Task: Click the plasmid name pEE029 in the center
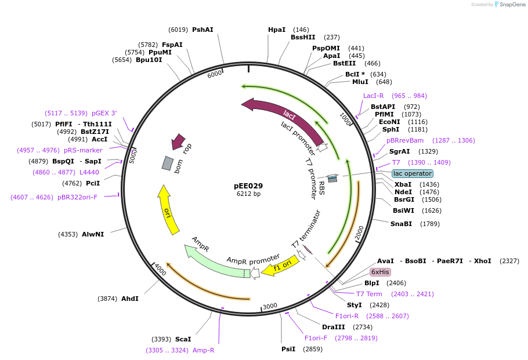[248, 186]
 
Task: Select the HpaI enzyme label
[277, 30]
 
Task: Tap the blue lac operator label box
[412, 173]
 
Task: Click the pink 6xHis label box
[381, 272]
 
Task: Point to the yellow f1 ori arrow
[281, 265]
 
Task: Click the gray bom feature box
[168, 163]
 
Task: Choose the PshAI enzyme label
[202, 30]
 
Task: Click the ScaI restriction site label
[183, 339]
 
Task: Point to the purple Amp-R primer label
[203, 350]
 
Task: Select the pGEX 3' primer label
[104, 113]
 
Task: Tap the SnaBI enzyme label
[401, 224]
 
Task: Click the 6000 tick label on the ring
[215, 74]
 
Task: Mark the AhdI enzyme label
[129, 299]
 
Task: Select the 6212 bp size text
[248, 194]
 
